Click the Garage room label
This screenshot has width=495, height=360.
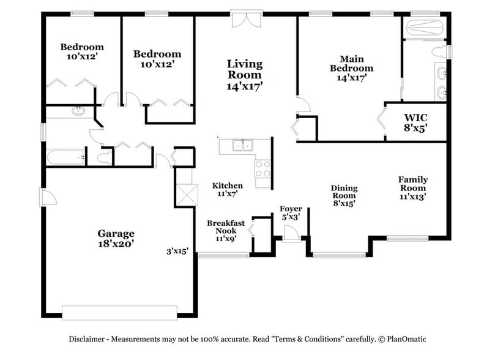[116, 238]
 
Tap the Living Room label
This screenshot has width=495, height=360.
[245, 74]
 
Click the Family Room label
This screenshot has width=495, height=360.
[412, 188]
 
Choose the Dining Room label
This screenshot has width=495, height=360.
[344, 195]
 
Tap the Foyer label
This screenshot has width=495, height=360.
[291, 212]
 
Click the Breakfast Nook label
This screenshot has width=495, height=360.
[225, 231]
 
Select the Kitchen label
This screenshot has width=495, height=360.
[228, 189]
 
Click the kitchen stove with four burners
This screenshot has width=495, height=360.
[262, 168]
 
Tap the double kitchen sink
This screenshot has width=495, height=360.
[243, 145]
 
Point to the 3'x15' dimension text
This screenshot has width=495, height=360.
[177, 251]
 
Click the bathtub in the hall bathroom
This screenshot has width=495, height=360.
[65, 157]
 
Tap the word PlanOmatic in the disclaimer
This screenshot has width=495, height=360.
[404, 339]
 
